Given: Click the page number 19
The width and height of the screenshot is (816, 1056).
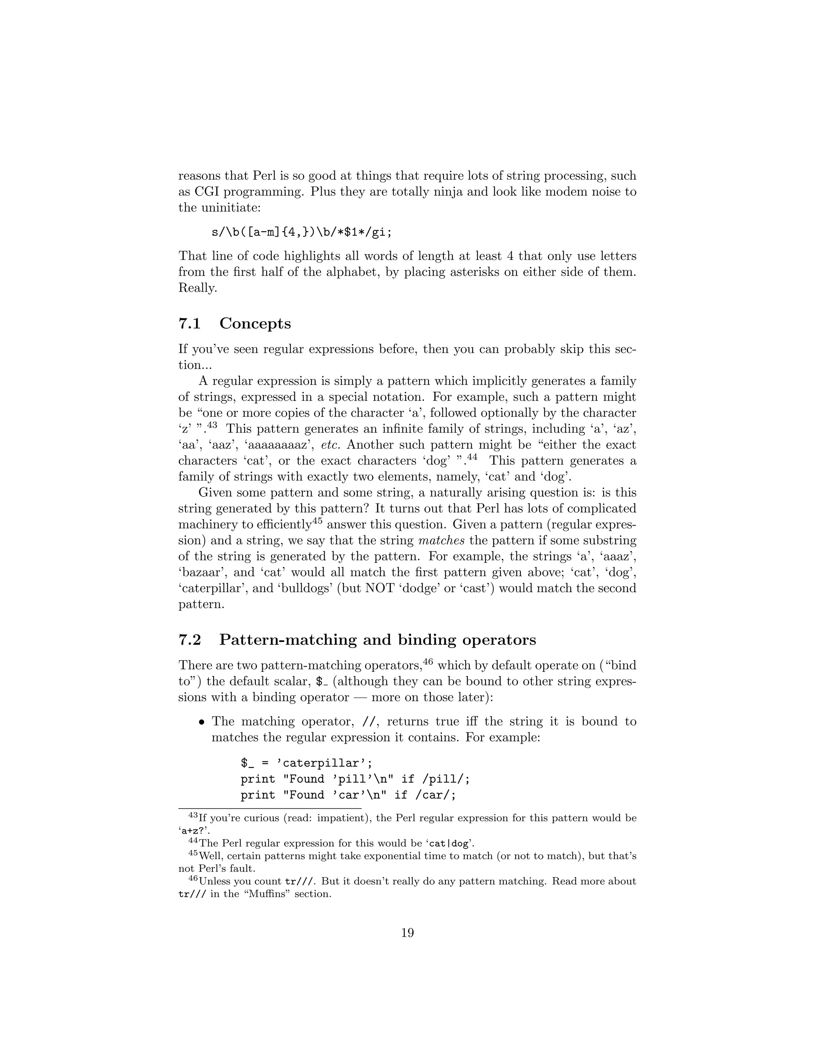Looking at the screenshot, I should pyautogui.click(x=408, y=933).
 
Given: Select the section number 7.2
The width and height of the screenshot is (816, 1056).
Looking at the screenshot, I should pyautogui.click(x=190, y=640).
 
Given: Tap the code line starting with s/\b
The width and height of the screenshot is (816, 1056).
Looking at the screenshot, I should pyautogui.click(x=302, y=232).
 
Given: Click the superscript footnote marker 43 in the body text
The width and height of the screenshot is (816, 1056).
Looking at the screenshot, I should pyautogui.click(x=213, y=426).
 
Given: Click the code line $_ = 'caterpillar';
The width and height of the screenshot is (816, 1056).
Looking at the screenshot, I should pyautogui.click(x=306, y=763).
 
